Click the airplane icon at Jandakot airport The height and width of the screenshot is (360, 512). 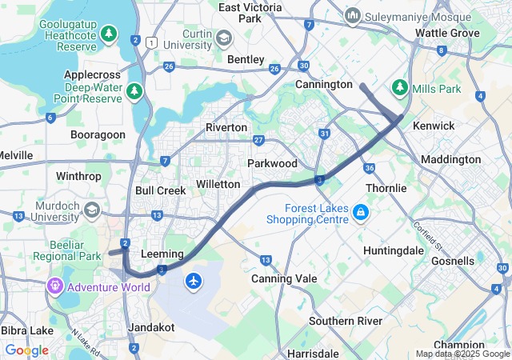pyautogui.click(x=194, y=281)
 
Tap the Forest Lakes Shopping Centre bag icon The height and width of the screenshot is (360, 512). pyautogui.click(x=361, y=212)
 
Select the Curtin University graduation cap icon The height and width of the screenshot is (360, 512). pyautogui.click(x=224, y=38)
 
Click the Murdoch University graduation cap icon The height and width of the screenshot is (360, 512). pyautogui.click(x=92, y=210)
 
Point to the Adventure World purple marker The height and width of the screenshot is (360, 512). pyautogui.click(x=55, y=285)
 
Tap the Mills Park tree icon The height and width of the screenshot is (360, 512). pyautogui.click(x=399, y=86)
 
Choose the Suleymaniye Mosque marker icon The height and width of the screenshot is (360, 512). pyautogui.click(x=353, y=15)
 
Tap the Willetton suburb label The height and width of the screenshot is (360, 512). pyautogui.click(x=218, y=184)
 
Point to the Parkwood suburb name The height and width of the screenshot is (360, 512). pyautogui.click(x=272, y=163)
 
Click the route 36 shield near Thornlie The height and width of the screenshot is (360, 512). pyautogui.click(x=369, y=168)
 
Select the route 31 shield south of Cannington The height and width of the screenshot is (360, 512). pyautogui.click(x=324, y=134)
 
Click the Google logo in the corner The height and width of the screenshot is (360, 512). pyautogui.click(x=26, y=350)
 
